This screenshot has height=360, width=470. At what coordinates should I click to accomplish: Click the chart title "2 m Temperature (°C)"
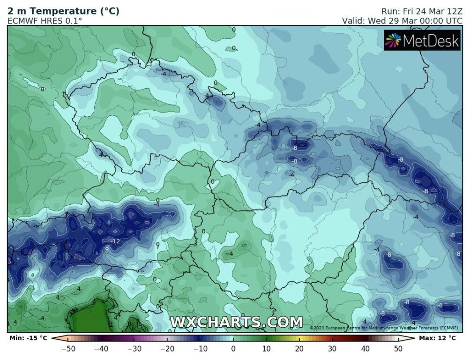(63, 11)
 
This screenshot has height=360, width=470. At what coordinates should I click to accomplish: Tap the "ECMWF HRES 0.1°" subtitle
(45, 21)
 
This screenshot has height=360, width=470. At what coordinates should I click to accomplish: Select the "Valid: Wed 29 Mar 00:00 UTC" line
(402, 21)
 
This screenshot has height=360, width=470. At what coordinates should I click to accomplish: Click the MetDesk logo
(422, 41)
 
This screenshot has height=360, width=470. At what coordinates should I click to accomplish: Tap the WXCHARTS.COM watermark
(236, 322)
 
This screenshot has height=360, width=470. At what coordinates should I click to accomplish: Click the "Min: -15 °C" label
(28, 337)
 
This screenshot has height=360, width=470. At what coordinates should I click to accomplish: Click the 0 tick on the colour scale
(233, 348)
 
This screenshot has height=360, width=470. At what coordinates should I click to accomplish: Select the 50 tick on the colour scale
(398, 348)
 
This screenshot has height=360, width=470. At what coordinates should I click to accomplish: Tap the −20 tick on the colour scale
(167, 348)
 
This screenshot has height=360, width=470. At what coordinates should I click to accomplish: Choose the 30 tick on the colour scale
(332, 348)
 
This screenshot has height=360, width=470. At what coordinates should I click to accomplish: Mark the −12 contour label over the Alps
(115, 241)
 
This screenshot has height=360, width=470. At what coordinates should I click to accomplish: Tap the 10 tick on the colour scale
(266, 348)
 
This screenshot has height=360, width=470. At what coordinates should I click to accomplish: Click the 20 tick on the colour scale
(299, 348)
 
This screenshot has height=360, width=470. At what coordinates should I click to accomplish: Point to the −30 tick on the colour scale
(134, 348)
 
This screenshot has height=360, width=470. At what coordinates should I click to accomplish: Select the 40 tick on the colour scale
(365, 348)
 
